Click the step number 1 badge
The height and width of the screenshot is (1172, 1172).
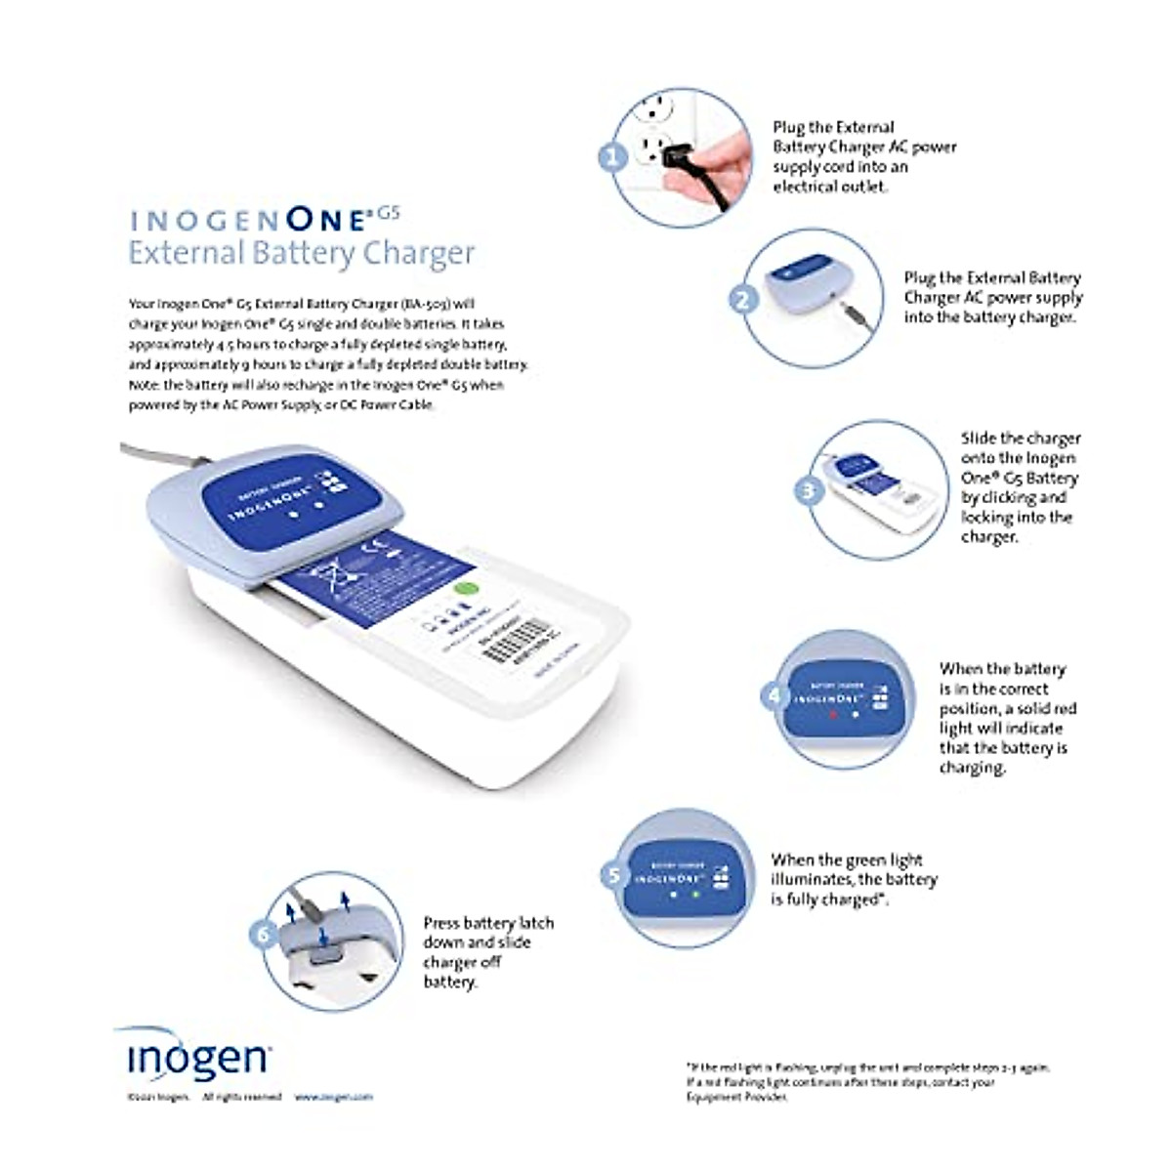[x=612, y=156]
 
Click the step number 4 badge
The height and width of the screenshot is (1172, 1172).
[x=774, y=695]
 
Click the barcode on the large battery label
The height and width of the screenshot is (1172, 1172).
[x=514, y=643]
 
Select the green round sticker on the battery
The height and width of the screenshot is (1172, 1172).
[x=467, y=589]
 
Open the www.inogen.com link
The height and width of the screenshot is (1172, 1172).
[x=334, y=1097]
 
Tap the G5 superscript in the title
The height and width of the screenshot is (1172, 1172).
[x=389, y=211]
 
